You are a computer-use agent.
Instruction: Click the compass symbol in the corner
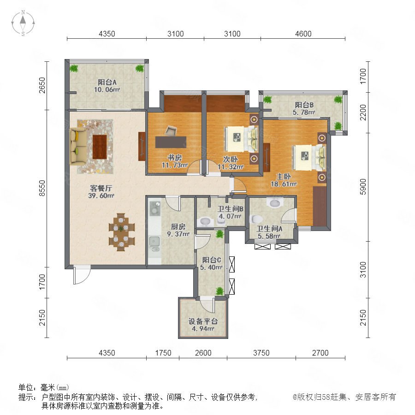[x=23, y=23]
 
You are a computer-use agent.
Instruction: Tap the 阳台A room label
[x=107, y=83]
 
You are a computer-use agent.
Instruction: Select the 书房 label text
[x=174, y=158]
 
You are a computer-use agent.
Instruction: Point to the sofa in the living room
[x=78, y=146]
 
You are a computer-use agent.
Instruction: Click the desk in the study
[x=171, y=142]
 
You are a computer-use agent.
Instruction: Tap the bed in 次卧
[x=241, y=139]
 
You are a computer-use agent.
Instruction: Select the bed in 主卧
[x=309, y=158]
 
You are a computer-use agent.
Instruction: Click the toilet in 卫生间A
[x=256, y=219]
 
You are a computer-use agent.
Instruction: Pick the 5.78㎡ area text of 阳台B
[x=304, y=112]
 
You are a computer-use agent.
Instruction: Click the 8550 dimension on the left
[x=42, y=188]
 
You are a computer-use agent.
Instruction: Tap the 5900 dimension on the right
[x=363, y=187]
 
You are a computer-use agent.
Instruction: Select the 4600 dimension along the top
[x=303, y=34]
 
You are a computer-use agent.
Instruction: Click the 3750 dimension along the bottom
[x=261, y=353]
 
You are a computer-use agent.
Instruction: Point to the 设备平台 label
[x=203, y=321]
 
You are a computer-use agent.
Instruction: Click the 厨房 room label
[x=178, y=226]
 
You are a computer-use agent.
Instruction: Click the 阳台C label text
[x=212, y=260]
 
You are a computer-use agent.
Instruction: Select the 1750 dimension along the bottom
[x=163, y=353]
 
